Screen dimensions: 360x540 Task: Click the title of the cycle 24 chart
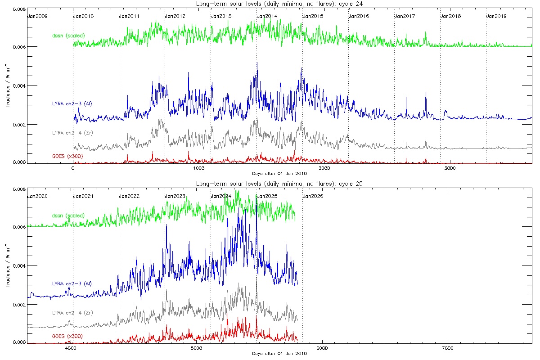click(279, 3)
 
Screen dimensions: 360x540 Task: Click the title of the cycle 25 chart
click(279, 184)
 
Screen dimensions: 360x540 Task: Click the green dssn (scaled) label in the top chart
click(68, 35)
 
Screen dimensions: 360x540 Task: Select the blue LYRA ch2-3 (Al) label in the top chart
click(72, 104)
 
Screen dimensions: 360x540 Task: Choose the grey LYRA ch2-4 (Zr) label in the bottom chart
click(72, 312)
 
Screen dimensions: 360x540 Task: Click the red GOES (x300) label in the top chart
click(68, 156)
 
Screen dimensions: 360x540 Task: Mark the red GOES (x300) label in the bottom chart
click(67, 336)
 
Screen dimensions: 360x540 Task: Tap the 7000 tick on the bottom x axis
click(448, 348)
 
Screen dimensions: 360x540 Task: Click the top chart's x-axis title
click(279, 173)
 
